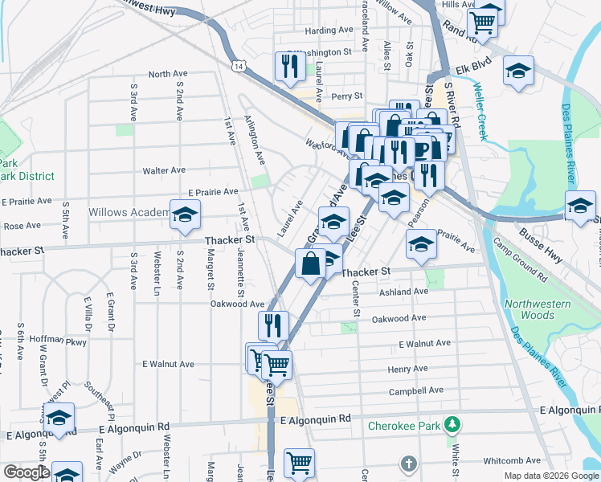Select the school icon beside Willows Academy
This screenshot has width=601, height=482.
[185, 215]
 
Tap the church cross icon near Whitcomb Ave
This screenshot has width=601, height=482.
[408, 464]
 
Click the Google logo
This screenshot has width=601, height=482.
[26, 472]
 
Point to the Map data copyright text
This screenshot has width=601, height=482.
[550, 476]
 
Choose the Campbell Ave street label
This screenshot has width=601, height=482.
[416, 391]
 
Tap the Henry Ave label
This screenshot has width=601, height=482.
[407, 369]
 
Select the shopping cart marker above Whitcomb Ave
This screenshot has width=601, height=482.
[299, 462]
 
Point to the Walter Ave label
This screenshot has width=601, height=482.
[164, 170]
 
